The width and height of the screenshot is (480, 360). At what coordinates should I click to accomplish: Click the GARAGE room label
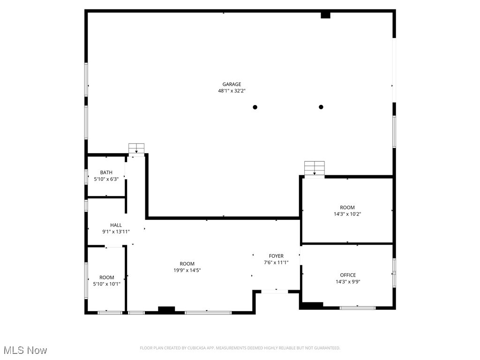232,84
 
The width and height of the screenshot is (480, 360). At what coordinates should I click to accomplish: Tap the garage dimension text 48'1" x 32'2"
232,91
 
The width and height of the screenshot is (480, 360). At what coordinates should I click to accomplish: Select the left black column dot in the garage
255,107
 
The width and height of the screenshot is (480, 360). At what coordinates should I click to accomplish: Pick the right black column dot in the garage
321,107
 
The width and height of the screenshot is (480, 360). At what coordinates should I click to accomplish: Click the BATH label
106,172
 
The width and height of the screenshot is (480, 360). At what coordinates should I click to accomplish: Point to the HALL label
116,225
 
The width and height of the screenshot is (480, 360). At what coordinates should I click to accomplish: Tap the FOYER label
276,256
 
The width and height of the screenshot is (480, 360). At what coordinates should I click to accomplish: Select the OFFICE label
347,275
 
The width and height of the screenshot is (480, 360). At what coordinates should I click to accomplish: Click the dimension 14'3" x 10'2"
347,214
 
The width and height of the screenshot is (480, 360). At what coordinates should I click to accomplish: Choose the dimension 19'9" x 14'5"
187,270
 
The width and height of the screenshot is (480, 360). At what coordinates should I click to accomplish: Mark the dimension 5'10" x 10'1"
106,284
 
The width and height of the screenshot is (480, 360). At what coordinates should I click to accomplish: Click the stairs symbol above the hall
136,149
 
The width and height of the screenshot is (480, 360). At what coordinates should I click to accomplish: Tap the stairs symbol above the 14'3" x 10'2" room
314,168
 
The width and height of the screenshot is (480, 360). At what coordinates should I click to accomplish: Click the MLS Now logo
25,350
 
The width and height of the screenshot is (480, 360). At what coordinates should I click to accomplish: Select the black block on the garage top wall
325,15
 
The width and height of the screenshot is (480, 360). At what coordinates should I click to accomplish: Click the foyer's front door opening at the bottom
275,292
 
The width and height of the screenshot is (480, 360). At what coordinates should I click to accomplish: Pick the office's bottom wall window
357,307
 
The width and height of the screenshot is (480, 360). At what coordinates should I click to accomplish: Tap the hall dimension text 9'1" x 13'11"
116,232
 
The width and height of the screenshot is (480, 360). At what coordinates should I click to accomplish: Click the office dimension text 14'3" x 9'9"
347,282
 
